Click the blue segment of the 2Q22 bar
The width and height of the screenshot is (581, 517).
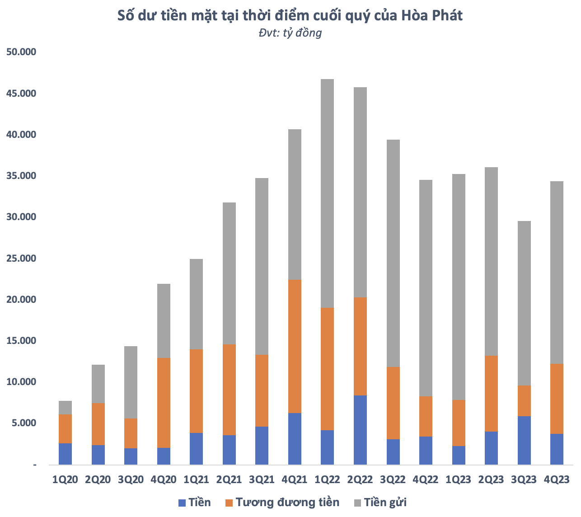coord(360,430)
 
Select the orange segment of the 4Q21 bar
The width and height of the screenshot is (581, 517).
coord(295,346)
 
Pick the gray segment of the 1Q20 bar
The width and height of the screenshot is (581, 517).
coord(65,408)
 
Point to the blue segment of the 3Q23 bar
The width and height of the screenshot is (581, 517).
coord(524,440)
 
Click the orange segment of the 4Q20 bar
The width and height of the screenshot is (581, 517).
coord(164,403)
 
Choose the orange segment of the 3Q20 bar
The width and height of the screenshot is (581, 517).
coord(131,433)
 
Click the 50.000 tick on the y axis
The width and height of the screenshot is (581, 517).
coord(21,52)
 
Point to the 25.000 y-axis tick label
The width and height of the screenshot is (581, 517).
coord(21,258)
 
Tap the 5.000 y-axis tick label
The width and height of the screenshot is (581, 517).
coord(23,423)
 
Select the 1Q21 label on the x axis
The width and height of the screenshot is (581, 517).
coord(197,479)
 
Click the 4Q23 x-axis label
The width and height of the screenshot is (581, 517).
coord(557,479)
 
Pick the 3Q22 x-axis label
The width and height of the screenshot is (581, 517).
coord(393,479)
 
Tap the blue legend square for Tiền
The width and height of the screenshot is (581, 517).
coord(182,503)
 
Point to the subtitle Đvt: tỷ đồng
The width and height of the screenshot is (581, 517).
coord(290,33)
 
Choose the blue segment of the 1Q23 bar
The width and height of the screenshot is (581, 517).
coord(459,455)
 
